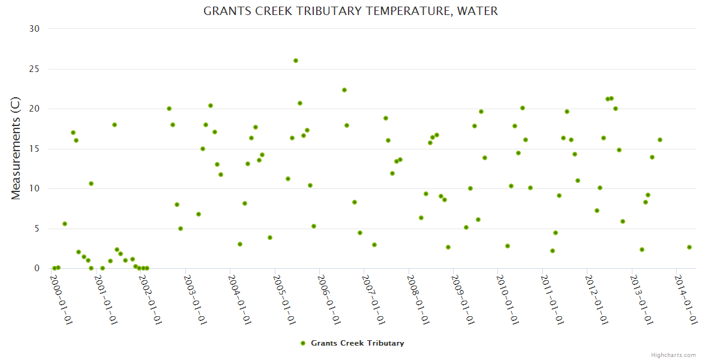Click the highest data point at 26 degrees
coord(296,61)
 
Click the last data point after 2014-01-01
coord(689,247)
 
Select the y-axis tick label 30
coord(34,29)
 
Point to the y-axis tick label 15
coord(34,149)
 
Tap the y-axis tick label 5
coord(37,229)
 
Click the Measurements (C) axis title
coord(16,149)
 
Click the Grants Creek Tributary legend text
coord(357,343)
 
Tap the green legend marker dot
coord(303,343)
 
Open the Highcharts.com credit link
coord(673,355)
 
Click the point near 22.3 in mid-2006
coord(344,90)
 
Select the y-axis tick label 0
coord(37,269)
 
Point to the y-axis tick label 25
coord(34,69)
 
